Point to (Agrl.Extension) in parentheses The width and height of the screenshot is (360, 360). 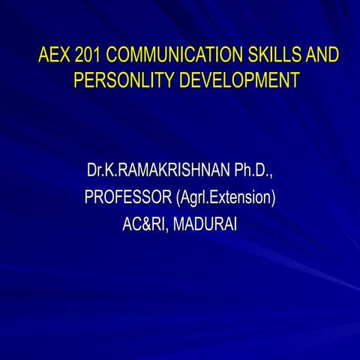pos(225,199)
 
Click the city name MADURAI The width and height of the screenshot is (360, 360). pos(205,224)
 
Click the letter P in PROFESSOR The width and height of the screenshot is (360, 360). pos(89,199)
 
